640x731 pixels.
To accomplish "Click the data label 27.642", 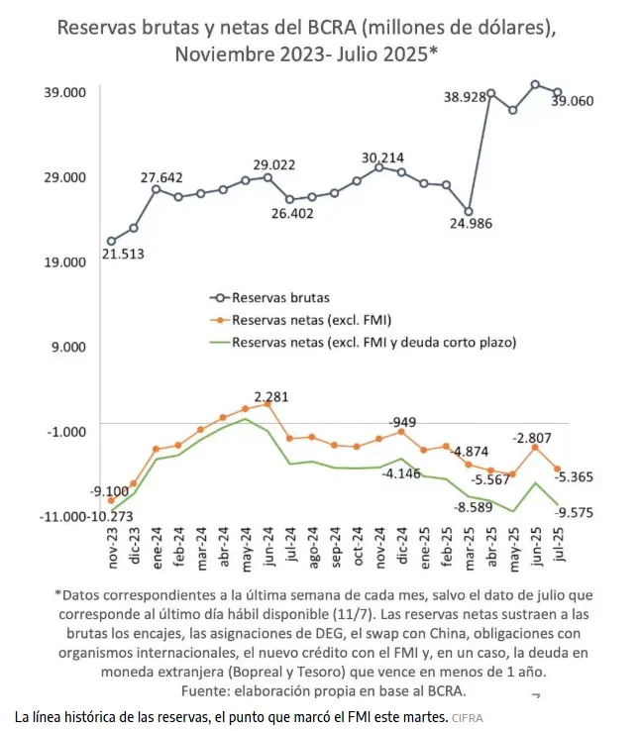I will click(x=160, y=177).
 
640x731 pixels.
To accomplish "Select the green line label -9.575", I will click(x=575, y=512).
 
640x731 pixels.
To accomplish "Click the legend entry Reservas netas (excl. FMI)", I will click(x=309, y=319).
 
